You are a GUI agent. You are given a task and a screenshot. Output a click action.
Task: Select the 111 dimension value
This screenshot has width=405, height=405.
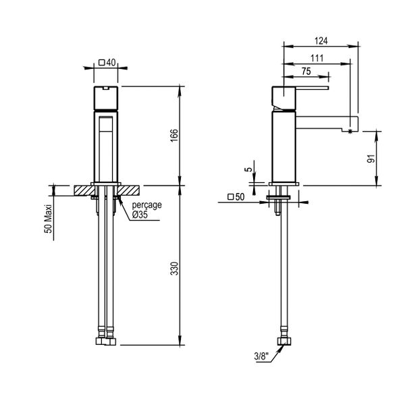point(316,58)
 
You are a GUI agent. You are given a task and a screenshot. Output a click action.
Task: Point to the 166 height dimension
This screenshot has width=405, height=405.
point(173,135)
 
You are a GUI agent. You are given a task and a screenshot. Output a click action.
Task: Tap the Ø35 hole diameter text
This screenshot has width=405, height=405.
point(140,214)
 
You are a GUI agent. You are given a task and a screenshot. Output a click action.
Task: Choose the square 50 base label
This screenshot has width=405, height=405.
point(236,198)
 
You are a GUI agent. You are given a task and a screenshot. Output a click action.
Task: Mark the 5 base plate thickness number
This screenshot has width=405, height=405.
point(248,171)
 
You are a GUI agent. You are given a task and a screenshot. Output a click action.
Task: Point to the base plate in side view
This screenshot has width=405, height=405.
point(284,183)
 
